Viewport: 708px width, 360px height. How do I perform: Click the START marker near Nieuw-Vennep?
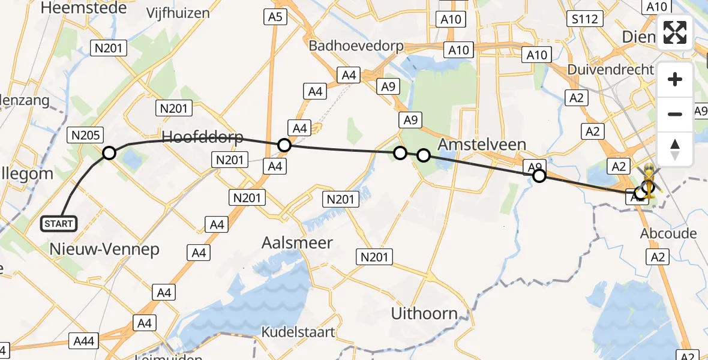click(58, 224)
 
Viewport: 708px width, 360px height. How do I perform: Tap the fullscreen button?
click(675, 32)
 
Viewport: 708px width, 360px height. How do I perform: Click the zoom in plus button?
click(675, 79)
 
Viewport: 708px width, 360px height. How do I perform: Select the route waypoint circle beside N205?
click(109, 153)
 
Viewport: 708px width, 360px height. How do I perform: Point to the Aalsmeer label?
click(297, 242)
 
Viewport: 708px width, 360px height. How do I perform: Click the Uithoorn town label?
click(424, 313)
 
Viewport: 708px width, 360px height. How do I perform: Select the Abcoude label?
click(668, 233)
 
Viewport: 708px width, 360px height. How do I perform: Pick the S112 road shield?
click(584, 19)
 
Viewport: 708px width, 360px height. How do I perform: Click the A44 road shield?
click(83, 341)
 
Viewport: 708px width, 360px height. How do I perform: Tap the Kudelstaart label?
click(298, 332)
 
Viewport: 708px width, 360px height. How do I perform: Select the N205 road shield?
click(85, 135)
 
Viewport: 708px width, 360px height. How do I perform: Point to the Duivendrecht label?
click(610, 70)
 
